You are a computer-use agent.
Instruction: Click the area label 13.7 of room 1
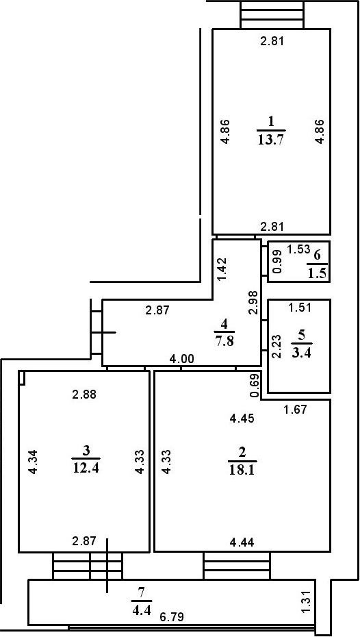click(x=271, y=141)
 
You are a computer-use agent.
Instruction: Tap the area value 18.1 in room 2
click(x=242, y=471)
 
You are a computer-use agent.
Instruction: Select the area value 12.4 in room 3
click(x=86, y=468)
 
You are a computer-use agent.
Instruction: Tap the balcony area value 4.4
click(x=141, y=604)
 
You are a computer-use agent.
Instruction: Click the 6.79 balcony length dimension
click(x=171, y=616)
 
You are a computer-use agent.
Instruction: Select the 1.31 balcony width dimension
click(x=307, y=601)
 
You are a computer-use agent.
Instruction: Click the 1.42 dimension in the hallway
click(x=221, y=270)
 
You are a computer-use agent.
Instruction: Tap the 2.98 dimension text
click(x=253, y=303)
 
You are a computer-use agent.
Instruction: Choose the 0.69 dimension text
click(x=254, y=385)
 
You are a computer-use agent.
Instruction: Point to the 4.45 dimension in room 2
click(x=242, y=419)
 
